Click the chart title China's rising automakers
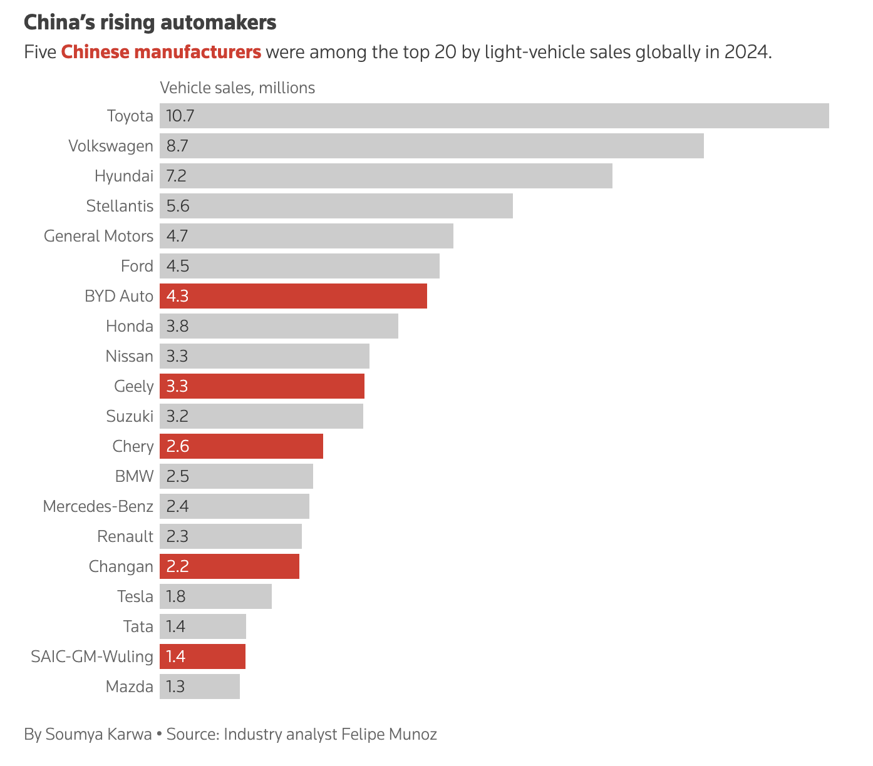pyautogui.click(x=150, y=23)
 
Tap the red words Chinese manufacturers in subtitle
pyautogui.click(x=161, y=51)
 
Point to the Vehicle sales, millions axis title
pyautogui.click(x=237, y=88)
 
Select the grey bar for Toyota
pyautogui.click(x=494, y=116)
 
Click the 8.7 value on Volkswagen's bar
pyautogui.click(x=177, y=146)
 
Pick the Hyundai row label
pyautogui.click(x=124, y=176)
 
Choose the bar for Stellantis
pyautogui.click(x=336, y=206)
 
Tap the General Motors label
pyautogui.click(x=98, y=236)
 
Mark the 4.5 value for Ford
pyautogui.click(x=177, y=266)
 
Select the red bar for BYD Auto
pyautogui.click(x=293, y=296)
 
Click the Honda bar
pyautogui.click(x=279, y=326)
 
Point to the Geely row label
pyautogui.click(x=133, y=386)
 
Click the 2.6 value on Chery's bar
pyautogui.click(x=177, y=446)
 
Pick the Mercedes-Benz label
pyautogui.click(x=98, y=506)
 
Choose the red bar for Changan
pyautogui.click(x=229, y=566)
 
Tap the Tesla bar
pyautogui.click(x=215, y=596)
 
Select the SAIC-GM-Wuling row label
pyautogui.click(x=92, y=656)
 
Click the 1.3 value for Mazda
pyautogui.click(x=175, y=687)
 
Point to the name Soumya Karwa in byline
pyautogui.click(x=98, y=734)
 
